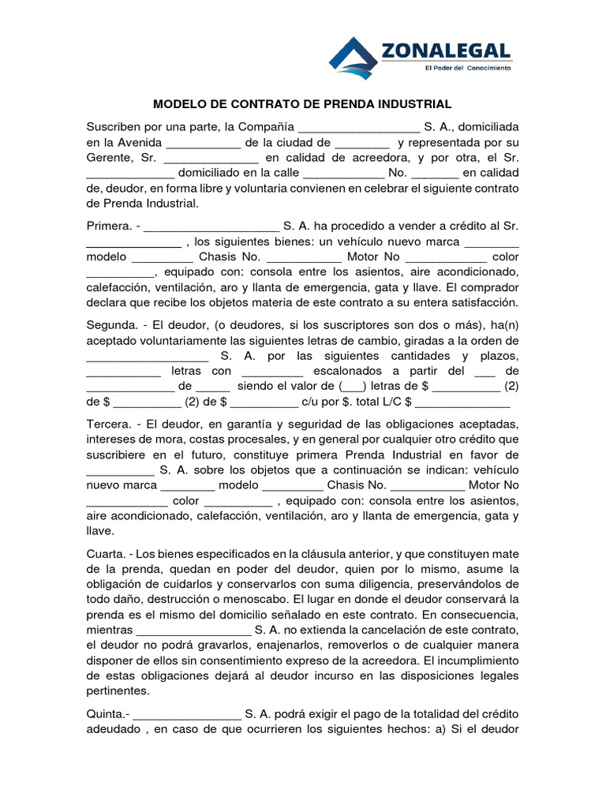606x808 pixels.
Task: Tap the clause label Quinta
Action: tap(107, 713)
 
